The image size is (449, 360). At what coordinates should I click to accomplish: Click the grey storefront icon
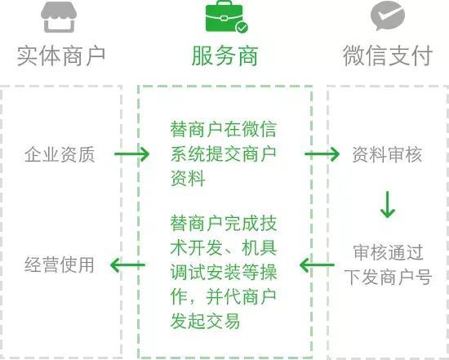(x=59, y=17)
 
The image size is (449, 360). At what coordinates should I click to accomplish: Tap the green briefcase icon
(x=224, y=16)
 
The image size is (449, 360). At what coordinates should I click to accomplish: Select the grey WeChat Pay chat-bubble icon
(x=388, y=16)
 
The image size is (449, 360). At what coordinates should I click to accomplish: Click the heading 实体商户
(x=61, y=56)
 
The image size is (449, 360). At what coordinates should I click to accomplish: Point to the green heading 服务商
(x=224, y=56)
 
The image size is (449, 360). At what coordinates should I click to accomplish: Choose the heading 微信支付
(x=388, y=56)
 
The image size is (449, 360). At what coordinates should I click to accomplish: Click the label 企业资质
(x=60, y=154)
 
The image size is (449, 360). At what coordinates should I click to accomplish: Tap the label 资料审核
(x=387, y=154)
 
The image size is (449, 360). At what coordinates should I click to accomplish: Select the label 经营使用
(x=60, y=264)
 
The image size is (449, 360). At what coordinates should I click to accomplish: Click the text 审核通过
(x=388, y=252)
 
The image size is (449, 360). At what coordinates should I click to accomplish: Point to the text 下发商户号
(x=388, y=277)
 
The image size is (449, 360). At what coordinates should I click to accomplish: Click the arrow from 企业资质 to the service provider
(x=131, y=153)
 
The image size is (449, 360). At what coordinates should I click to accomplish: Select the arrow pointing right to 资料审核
(x=322, y=153)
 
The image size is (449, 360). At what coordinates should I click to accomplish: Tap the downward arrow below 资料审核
(x=388, y=204)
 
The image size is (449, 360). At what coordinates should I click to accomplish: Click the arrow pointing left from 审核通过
(x=317, y=264)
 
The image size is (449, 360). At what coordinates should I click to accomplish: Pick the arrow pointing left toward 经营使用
(x=127, y=264)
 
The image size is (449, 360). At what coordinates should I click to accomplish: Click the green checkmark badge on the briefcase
(x=242, y=28)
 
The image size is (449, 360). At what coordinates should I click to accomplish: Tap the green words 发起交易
(x=205, y=321)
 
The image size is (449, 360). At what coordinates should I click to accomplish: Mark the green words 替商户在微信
(x=224, y=130)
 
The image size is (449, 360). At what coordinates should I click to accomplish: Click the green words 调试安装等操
(x=224, y=272)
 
